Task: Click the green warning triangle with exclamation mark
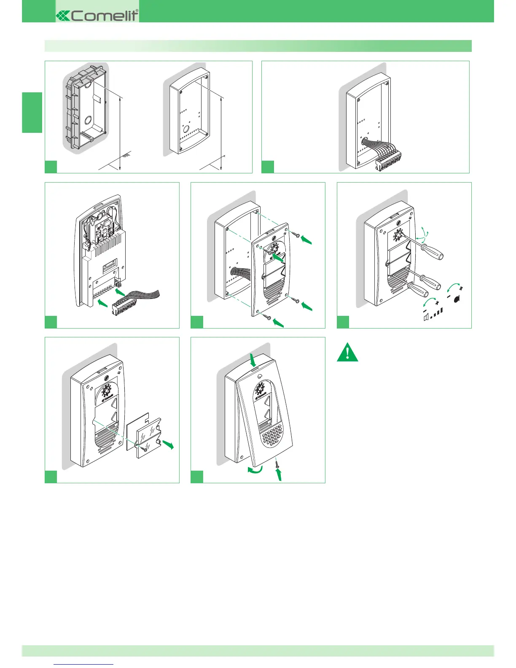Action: click(347, 353)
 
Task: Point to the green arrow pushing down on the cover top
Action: click(253, 360)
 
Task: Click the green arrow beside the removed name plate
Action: click(168, 444)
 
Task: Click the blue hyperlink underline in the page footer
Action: click(84, 665)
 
